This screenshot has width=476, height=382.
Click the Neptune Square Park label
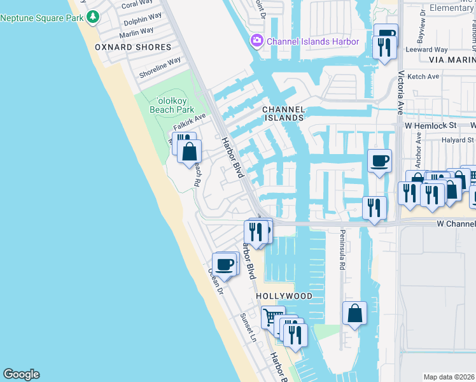(x=42, y=17)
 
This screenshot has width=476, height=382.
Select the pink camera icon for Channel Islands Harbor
(x=257, y=41)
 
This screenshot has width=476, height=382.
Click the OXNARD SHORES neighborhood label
(x=133, y=47)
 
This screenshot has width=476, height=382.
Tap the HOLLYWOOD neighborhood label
(x=284, y=297)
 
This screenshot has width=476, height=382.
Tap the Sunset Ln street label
(x=248, y=327)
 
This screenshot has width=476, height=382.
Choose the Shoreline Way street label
(x=160, y=67)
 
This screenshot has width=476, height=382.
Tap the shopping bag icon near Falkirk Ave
(x=189, y=152)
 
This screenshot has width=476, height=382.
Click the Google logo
(x=21, y=374)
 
